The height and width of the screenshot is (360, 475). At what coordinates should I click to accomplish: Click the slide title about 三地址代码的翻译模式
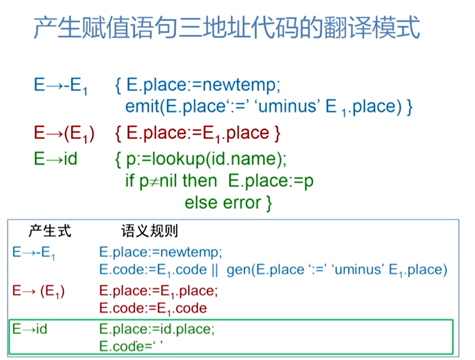click(227, 27)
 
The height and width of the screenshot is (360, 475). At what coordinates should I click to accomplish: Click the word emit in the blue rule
click(142, 107)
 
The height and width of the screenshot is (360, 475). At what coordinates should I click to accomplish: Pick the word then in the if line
click(200, 181)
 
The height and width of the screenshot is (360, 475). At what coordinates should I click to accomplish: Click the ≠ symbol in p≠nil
click(154, 181)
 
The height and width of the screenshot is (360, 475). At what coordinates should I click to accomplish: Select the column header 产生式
click(50, 231)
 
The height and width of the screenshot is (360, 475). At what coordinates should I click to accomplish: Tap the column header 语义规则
click(149, 231)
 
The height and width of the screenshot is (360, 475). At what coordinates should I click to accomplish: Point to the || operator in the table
click(215, 270)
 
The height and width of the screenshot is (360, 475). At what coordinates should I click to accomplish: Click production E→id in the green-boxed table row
click(29, 329)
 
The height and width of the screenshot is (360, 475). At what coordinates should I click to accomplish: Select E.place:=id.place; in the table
click(157, 329)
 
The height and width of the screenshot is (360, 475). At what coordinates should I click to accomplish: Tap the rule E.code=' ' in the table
click(131, 346)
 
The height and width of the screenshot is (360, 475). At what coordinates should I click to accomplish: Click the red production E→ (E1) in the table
click(38, 291)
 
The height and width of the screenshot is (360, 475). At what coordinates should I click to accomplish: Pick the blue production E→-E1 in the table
click(34, 252)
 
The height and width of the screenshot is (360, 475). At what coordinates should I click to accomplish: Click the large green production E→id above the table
click(56, 159)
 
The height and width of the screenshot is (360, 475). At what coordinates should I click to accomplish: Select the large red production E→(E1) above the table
click(64, 133)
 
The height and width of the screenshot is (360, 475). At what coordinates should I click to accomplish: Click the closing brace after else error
click(269, 203)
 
